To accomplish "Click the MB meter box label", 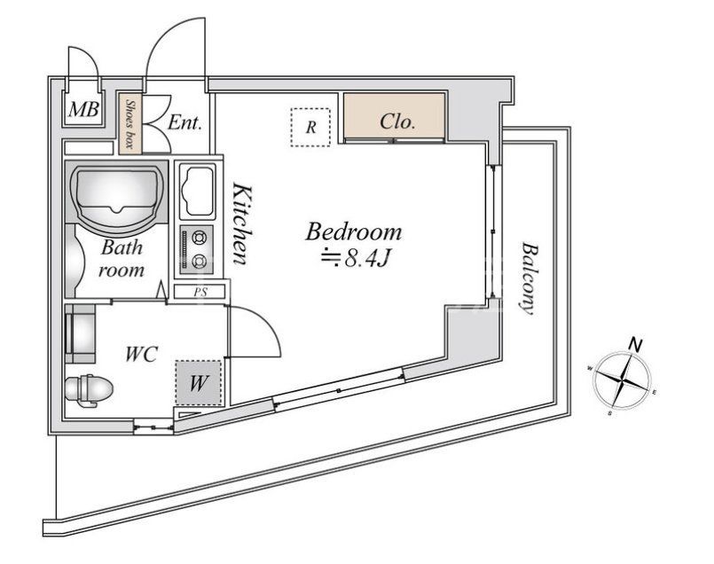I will [x=84, y=111].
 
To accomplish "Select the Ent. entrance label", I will [x=185, y=123].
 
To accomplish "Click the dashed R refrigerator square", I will [x=310, y=127].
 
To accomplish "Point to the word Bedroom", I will [x=353, y=233].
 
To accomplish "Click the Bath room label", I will [x=121, y=258].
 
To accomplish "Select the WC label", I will [x=141, y=355].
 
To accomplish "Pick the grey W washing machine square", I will [x=198, y=383].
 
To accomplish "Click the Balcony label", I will [x=527, y=278].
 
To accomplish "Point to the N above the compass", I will [x=635, y=343].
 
